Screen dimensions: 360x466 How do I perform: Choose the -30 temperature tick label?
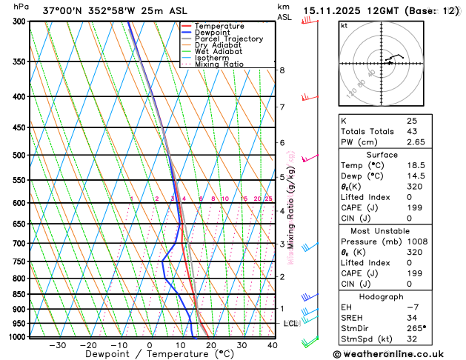57,345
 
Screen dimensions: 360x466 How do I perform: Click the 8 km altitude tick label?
282,70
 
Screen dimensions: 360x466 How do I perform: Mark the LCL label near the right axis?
290,324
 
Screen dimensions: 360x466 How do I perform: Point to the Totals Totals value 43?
412,131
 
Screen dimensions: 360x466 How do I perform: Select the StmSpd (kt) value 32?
412,341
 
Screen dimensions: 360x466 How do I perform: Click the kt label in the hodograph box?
344,25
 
